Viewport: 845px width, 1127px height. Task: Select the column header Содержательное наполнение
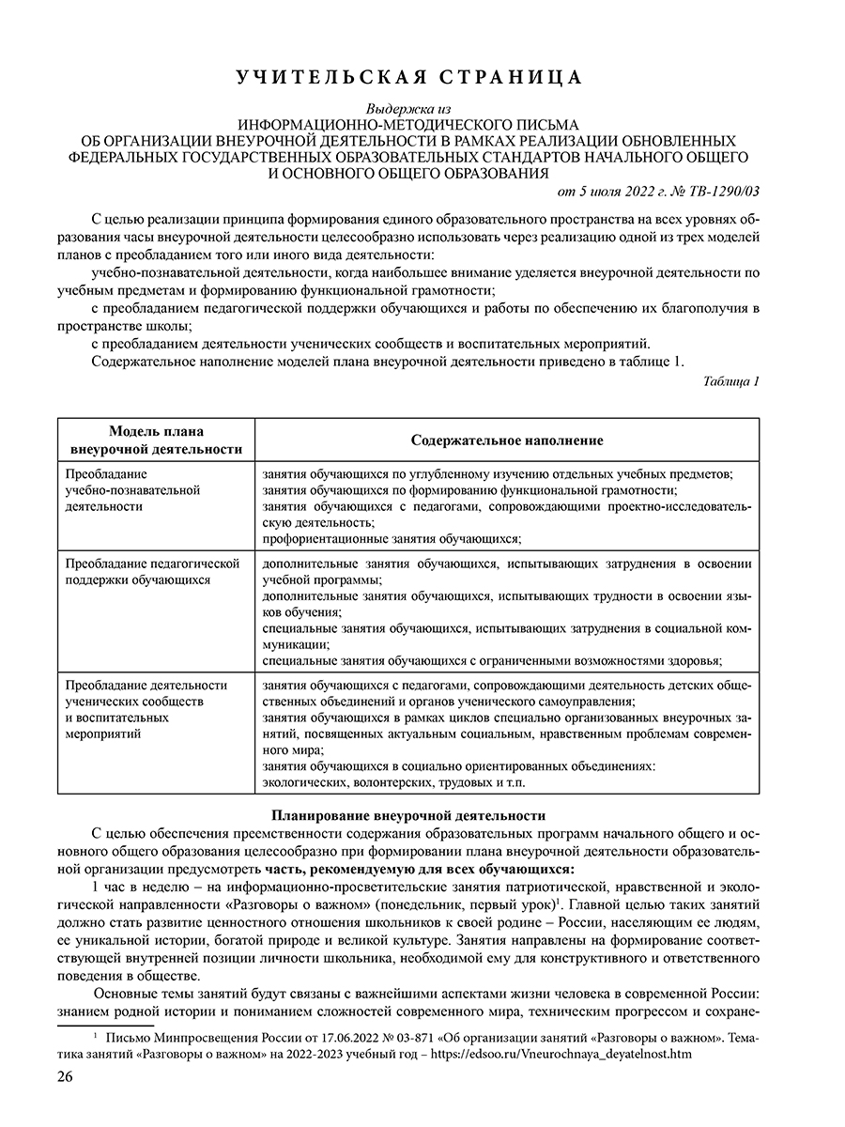pos(507,440)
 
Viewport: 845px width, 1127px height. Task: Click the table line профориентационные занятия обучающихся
pos(392,538)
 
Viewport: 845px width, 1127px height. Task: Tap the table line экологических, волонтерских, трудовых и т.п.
pos(394,781)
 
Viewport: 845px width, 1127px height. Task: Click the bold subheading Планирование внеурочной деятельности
pos(408,814)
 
